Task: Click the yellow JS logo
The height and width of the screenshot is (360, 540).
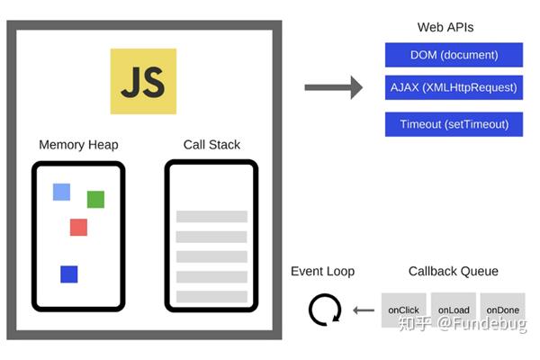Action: [x=143, y=81]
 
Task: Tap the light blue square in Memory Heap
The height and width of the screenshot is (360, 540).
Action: [x=61, y=192]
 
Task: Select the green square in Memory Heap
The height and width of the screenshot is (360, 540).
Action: [x=95, y=200]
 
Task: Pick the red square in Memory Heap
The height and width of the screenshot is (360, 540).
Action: [x=78, y=228]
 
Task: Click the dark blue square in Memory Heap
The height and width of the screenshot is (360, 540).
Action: [x=69, y=274]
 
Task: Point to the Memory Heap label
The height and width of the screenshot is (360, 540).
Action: [x=78, y=145]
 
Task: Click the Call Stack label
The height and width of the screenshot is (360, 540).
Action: [x=211, y=145]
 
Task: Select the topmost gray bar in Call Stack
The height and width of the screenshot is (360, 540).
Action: [x=211, y=217]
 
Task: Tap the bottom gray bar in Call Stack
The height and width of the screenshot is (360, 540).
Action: [x=211, y=297]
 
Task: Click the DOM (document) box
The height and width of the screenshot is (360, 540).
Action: [x=454, y=55]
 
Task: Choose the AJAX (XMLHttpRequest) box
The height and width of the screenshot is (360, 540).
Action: [x=454, y=87]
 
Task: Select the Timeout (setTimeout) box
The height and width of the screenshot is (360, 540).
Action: [x=454, y=124]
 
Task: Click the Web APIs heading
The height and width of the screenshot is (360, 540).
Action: [x=445, y=27]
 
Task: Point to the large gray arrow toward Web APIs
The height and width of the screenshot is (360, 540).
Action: [x=333, y=87]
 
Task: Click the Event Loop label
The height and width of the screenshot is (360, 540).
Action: [x=323, y=272]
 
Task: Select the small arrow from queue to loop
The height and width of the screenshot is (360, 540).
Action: [x=364, y=310]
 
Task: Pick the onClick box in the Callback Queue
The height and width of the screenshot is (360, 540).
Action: [x=403, y=310]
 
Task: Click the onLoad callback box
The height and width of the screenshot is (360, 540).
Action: [x=454, y=310]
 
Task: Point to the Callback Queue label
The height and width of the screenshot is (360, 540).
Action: [x=454, y=272]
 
